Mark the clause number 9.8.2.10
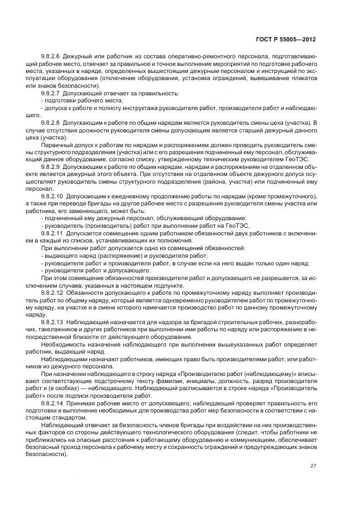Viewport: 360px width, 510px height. (52, 196)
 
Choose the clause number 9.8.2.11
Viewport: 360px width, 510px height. (52, 233)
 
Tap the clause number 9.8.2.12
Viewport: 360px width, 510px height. (52, 292)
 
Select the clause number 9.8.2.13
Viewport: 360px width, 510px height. (52, 321)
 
